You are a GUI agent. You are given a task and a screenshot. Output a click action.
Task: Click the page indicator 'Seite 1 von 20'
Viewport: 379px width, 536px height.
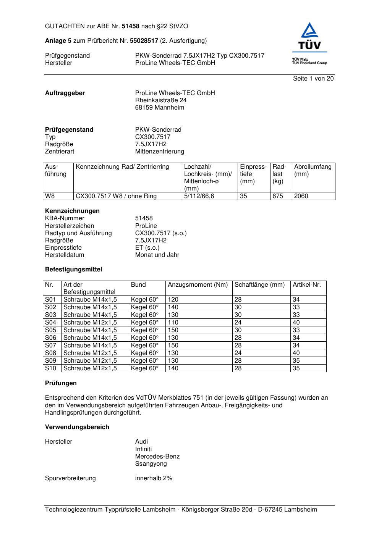[313, 79]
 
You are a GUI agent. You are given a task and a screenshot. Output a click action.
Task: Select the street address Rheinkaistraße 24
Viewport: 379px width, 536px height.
[161, 100]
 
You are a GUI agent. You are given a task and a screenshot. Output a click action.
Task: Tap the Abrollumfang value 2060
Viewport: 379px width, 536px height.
[301, 196]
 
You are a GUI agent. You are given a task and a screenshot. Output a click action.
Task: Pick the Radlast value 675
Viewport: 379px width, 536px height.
[278, 196]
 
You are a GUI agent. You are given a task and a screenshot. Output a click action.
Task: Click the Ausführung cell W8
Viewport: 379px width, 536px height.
[50, 196]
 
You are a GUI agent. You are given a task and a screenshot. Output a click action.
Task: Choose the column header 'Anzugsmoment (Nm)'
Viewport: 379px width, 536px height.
[198, 285]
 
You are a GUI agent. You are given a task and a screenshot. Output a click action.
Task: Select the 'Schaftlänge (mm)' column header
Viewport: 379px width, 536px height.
[259, 285]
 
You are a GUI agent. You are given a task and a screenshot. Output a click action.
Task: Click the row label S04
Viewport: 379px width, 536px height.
[50, 323]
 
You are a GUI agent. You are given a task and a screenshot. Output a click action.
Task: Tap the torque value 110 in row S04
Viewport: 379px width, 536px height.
[173, 323]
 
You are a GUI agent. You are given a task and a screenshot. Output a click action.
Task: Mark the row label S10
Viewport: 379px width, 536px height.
[50, 368]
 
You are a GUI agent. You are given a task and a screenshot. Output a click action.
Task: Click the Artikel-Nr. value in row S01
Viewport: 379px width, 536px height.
[296, 300]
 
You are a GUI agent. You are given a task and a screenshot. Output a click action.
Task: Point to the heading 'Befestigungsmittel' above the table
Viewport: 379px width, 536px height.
[73, 270]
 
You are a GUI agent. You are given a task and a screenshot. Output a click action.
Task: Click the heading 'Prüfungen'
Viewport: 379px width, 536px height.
[61, 383]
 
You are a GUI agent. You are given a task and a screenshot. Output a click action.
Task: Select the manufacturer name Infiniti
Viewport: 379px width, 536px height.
[143, 449]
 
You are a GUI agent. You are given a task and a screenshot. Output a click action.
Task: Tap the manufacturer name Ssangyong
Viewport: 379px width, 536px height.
[151, 464]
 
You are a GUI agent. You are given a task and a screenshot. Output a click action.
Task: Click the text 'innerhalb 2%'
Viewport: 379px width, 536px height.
[154, 478]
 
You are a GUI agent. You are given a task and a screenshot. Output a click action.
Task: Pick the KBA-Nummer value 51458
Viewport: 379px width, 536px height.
[144, 218]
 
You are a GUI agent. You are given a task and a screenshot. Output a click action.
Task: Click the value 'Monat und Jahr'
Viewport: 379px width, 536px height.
[157, 255]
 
